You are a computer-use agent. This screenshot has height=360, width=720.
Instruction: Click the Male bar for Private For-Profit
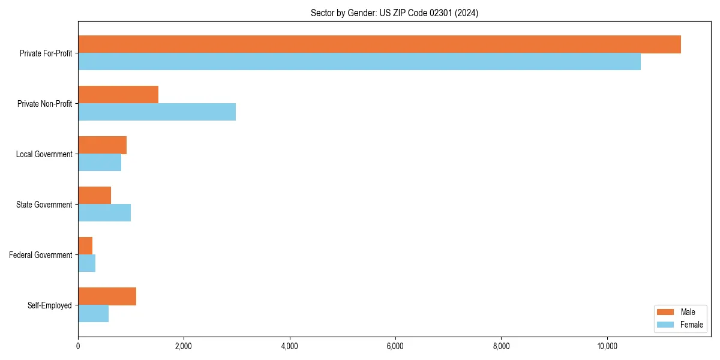pyautogui.click(x=379, y=44)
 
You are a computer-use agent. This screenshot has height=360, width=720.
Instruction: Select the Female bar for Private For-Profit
pyautogui.click(x=359, y=62)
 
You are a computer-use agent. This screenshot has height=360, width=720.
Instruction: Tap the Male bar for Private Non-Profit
pyautogui.click(x=118, y=95)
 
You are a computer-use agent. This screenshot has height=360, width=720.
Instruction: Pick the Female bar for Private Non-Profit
pyautogui.click(x=157, y=112)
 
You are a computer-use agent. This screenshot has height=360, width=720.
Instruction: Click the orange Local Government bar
pyautogui.click(x=102, y=145)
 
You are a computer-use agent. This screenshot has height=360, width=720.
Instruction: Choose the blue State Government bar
pyautogui.click(x=104, y=213)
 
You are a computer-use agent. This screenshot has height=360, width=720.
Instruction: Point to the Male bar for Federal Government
pyautogui.click(x=85, y=246)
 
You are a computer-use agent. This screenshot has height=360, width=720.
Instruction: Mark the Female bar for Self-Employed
pyautogui.click(x=93, y=314)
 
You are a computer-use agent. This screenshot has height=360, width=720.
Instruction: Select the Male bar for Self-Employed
pyautogui.click(x=107, y=296)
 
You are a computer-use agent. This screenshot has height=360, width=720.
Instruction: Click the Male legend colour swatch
pyautogui.click(x=666, y=312)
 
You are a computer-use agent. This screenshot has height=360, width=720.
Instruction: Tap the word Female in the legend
pyautogui.click(x=691, y=325)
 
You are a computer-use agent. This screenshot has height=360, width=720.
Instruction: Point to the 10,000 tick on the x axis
pyautogui.click(x=607, y=346)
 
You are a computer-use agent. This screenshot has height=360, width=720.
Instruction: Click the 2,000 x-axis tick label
pyautogui.click(x=184, y=346)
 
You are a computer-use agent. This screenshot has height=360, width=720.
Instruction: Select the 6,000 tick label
pyautogui.click(x=395, y=346)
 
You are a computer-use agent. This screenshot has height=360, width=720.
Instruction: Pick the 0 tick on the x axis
pyautogui.click(x=78, y=346)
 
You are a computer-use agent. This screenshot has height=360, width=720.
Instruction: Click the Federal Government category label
pyautogui.click(x=41, y=255)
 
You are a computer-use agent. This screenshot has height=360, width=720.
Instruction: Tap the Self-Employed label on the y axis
pyautogui.click(x=50, y=305)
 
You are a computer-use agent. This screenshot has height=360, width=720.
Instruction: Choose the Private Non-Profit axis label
pyautogui.click(x=44, y=104)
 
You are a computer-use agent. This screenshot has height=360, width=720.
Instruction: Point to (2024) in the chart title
pyautogui.click(x=467, y=13)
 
